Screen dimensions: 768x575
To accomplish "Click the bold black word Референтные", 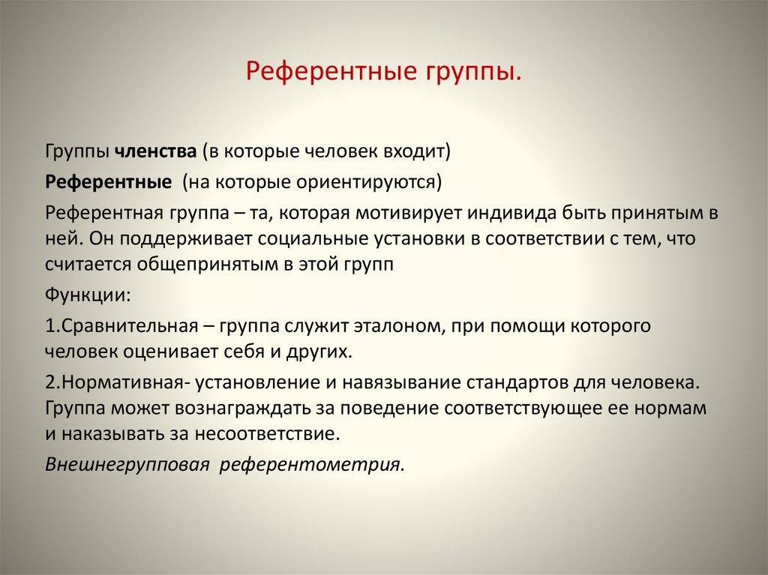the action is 108,183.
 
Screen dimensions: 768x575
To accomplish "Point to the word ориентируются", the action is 369,183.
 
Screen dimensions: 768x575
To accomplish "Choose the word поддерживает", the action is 186,239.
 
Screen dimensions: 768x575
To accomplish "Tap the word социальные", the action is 313,239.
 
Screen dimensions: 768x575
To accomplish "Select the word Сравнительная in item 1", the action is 130,325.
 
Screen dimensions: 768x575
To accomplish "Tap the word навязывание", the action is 401,382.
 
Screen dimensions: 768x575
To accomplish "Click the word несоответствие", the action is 267,434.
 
